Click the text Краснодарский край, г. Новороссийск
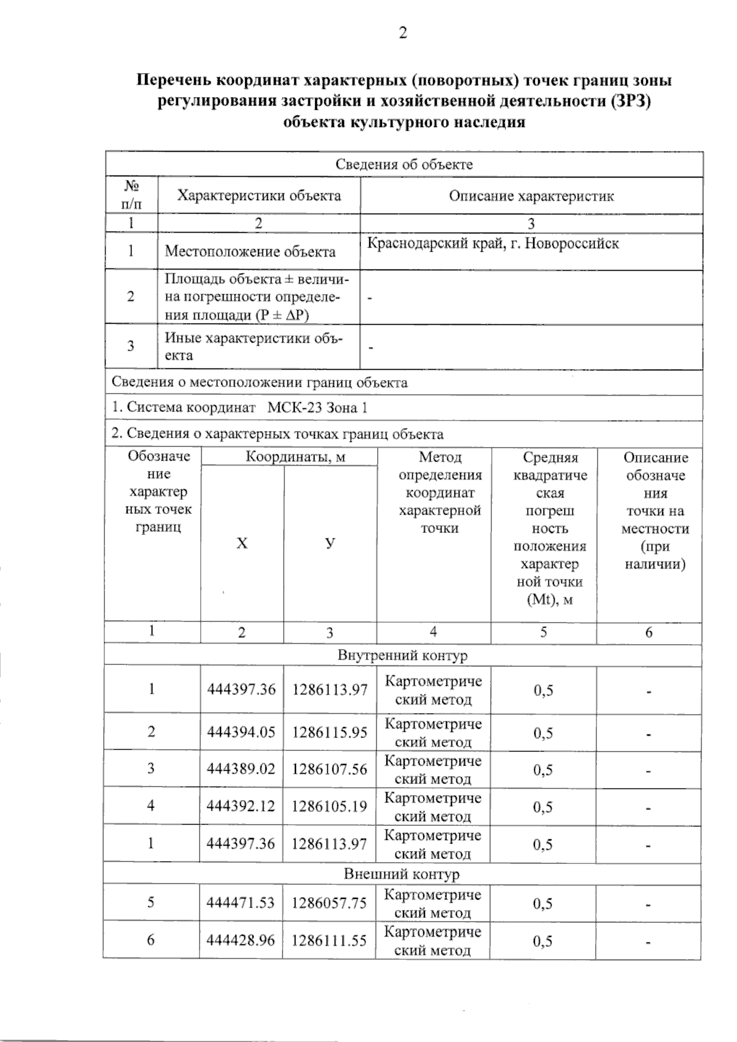tap(493, 244)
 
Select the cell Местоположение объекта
tap(250, 252)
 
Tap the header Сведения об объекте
tap(404, 165)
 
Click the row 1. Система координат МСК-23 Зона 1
tap(240, 408)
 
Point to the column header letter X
tap(242, 543)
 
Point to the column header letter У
tap(330, 543)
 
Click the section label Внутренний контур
tap(402, 656)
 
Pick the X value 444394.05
tap(241, 733)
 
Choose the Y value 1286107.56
tap(329, 769)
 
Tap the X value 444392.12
tap(241, 806)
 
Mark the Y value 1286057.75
tap(329, 903)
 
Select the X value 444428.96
tap(241, 940)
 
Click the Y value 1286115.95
tap(329, 733)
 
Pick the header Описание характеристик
tap(531, 196)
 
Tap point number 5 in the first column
tap(151, 903)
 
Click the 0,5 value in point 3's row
tap(543, 770)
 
